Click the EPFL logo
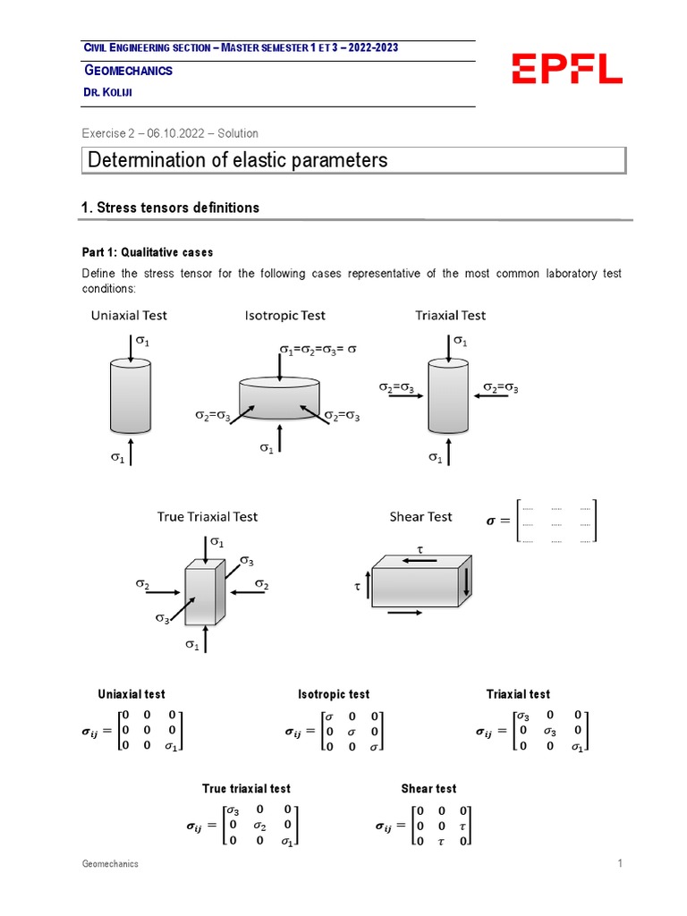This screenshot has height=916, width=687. [566, 68]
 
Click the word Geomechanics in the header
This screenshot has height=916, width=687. [128, 70]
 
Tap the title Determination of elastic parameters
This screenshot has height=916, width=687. [238, 160]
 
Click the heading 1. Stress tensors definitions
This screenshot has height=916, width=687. [170, 208]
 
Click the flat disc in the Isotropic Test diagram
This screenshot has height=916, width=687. [280, 397]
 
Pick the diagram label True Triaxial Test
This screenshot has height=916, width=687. [207, 516]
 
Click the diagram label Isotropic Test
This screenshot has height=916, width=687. [284, 315]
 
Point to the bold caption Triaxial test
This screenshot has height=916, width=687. [518, 694]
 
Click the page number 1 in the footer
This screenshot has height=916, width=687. [618, 864]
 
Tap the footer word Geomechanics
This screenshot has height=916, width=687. [110, 864]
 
